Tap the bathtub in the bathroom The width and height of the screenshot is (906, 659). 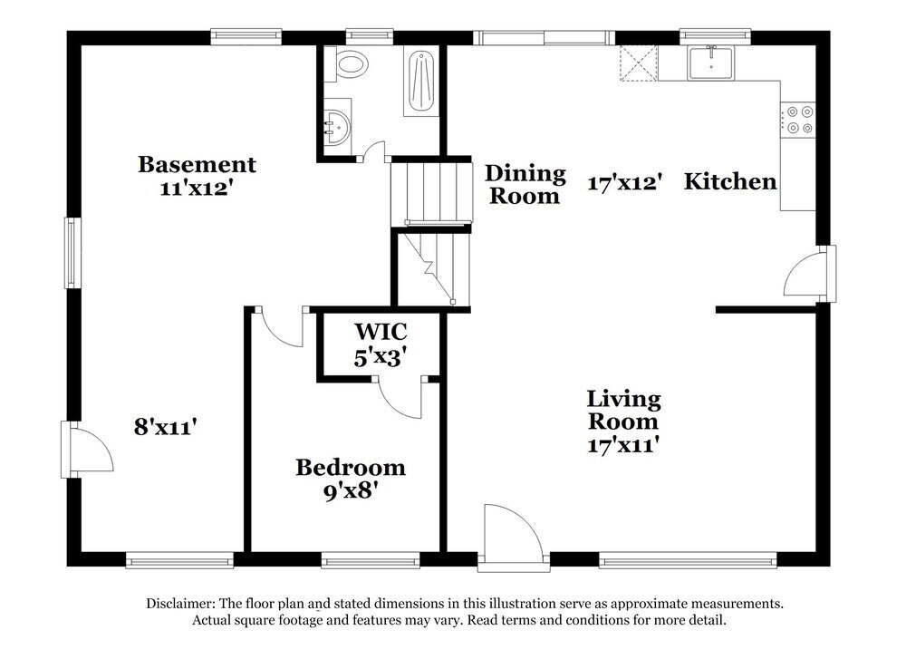pos(422,82)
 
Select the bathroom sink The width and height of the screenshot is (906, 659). pos(336,127)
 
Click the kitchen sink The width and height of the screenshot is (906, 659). pos(710,63)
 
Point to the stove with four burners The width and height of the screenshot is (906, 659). pos(798,120)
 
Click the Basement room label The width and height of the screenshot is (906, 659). pos(197,164)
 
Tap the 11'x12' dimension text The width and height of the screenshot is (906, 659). pos(197,188)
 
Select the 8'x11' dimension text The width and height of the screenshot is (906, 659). pos(166,427)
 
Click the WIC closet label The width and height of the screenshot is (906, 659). pos(381,332)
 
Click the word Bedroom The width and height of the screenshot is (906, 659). pos(351,467)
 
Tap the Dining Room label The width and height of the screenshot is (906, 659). pos(525,184)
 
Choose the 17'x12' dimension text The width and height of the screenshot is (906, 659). pos(624,183)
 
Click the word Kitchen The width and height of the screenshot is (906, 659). pos(730,181)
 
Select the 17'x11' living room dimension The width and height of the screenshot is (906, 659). pos(623,445)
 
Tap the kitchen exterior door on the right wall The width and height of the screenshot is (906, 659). pos(810,274)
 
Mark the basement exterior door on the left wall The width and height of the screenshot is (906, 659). pos(87,450)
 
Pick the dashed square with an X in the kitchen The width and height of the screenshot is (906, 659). pos(639,63)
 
